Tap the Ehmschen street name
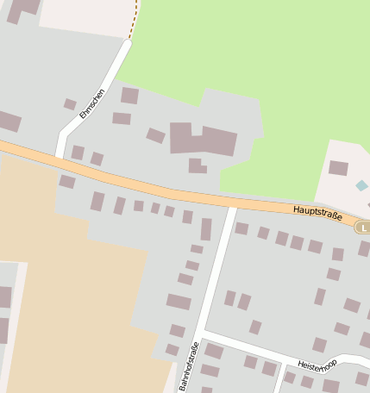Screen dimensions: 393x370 (x=91, y=103)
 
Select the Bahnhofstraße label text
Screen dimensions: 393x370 (x=189, y=366)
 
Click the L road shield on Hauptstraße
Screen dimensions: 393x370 (x=364, y=228)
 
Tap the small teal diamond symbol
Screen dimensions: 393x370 (x=361, y=185)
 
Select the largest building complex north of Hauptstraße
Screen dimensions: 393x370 (x=204, y=140)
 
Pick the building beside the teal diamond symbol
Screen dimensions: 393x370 (x=338, y=168)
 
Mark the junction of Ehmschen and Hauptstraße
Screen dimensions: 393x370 (x=60, y=156)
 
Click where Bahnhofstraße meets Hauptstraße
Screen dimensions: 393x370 (x=231, y=205)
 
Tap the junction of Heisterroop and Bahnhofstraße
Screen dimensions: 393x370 (x=204, y=333)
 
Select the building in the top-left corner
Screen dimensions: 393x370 (x=22, y=9)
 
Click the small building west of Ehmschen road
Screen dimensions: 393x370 (x=70, y=104)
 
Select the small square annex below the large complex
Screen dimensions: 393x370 (x=197, y=165)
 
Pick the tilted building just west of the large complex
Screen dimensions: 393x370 (x=155, y=135)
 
